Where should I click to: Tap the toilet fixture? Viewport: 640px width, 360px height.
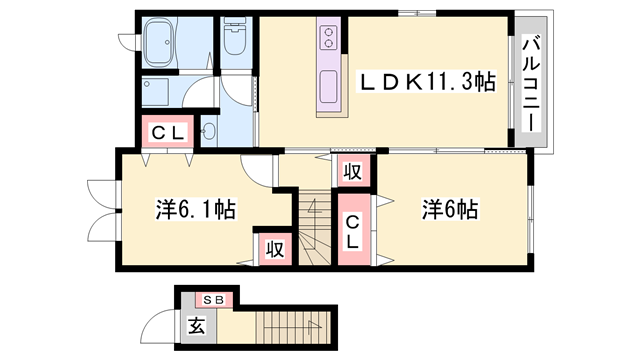pyautogui.click(x=235, y=40)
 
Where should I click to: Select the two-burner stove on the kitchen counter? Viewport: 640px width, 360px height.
pyautogui.click(x=330, y=38)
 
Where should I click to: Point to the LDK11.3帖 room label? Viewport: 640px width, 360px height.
pyautogui.click(x=419, y=83)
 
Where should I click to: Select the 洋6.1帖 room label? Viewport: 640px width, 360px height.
pyautogui.click(x=195, y=211)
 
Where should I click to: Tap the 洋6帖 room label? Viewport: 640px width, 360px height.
pyautogui.click(x=449, y=211)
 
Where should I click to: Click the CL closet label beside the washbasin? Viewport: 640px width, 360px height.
pyautogui.click(x=167, y=133)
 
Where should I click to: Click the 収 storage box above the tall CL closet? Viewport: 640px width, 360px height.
pyautogui.click(x=351, y=171)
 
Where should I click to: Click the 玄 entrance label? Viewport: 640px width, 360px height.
pyautogui.click(x=196, y=326)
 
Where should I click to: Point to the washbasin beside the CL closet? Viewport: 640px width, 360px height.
pyautogui.click(x=212, y=131)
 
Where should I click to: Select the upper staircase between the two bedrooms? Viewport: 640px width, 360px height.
pyautogui.click(x=313, y=228)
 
